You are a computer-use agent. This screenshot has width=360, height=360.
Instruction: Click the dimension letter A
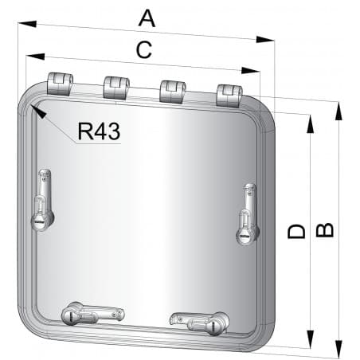point(147,17)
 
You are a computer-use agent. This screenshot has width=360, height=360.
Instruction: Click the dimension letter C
point(143,50)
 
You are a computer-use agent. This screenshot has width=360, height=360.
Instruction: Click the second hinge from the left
point(115,86)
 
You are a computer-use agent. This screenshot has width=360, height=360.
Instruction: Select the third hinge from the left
point(172,90)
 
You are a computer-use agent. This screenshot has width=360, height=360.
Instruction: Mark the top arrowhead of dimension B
point(339,109)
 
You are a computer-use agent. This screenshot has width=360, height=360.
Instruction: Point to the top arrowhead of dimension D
point(310,119)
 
